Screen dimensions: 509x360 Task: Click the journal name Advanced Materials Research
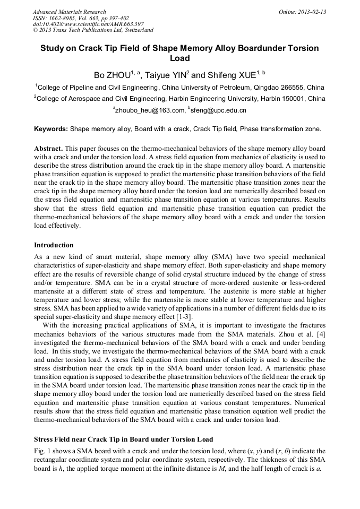tap(69, 12)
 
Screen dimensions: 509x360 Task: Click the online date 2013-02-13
tap(310, 12)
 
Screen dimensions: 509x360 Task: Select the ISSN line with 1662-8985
tap(80, 18)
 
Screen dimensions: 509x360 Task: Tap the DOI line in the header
tap(88, 24)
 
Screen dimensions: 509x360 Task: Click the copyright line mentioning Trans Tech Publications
tap(93, 31)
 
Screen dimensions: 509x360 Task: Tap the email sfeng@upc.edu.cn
tap(219, 110)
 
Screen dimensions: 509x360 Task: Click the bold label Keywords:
tap(51, 129)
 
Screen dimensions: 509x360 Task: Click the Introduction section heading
tap(54, 245)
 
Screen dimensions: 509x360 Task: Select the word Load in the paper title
tap(179, 58)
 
